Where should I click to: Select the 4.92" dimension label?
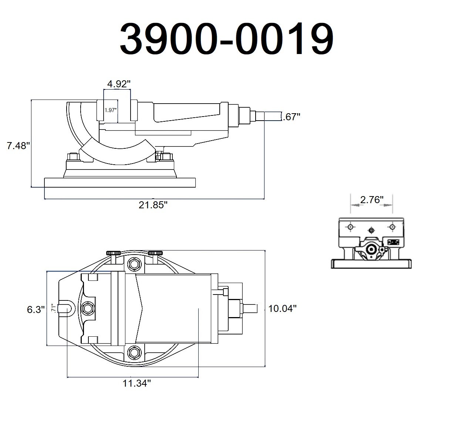click(x=119, y=84)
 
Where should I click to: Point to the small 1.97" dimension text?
click(x=111, y=110)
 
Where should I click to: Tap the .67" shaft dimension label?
click(x=291, y=117)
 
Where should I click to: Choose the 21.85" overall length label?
click(x=153, y=205)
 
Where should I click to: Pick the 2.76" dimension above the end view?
click(x=371, y=200)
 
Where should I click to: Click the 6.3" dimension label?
click(x=36, y=309)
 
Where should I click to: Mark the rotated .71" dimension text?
click(x=54, y=308)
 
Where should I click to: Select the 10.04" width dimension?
click(x=283, y=308)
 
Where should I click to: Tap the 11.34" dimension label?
click(x=137, y=383)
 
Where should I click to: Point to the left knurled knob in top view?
click(x=114, y=253)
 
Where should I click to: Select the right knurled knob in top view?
click(x=155, y=253)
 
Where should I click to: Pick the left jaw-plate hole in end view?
click(x=350, y=226)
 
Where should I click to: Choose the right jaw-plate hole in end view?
click(x=392, y=226)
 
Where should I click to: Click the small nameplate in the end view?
click(x=393, y=242)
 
